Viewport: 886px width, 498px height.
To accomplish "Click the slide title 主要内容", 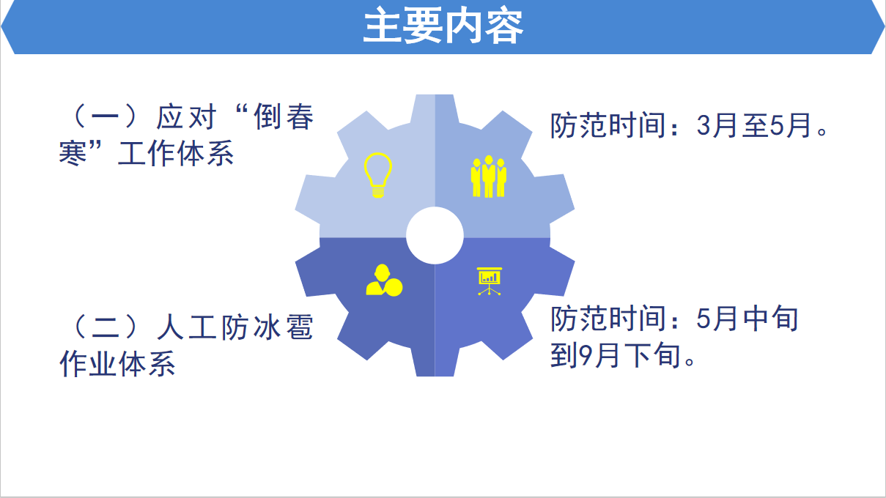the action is tap(443, 26).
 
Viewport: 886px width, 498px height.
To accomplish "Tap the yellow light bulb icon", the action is tap(378, 175).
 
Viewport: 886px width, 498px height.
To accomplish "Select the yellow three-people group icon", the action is tap(489, 176).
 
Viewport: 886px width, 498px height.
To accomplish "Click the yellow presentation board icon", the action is tap(490, 281).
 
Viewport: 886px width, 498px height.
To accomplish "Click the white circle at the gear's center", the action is tap(435, 236).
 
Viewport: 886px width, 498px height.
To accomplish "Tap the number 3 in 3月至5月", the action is tap(704, 126).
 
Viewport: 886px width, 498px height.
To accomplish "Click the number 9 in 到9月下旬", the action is tap(586, 355).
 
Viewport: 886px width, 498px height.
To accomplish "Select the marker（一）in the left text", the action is tap(106, 117).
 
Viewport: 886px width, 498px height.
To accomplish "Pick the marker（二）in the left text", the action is tap(106, 327).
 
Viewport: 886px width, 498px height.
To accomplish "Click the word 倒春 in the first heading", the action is tap(284, 117).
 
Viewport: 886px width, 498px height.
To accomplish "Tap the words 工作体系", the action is tap(176, 153).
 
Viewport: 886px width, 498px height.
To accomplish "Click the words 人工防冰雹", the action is tap(235, 327).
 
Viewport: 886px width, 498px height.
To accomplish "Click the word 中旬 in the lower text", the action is tap(770, 319).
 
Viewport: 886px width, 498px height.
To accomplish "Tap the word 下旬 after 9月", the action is tap(652, 355).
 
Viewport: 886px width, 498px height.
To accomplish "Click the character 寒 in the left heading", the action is tap(73, 153).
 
